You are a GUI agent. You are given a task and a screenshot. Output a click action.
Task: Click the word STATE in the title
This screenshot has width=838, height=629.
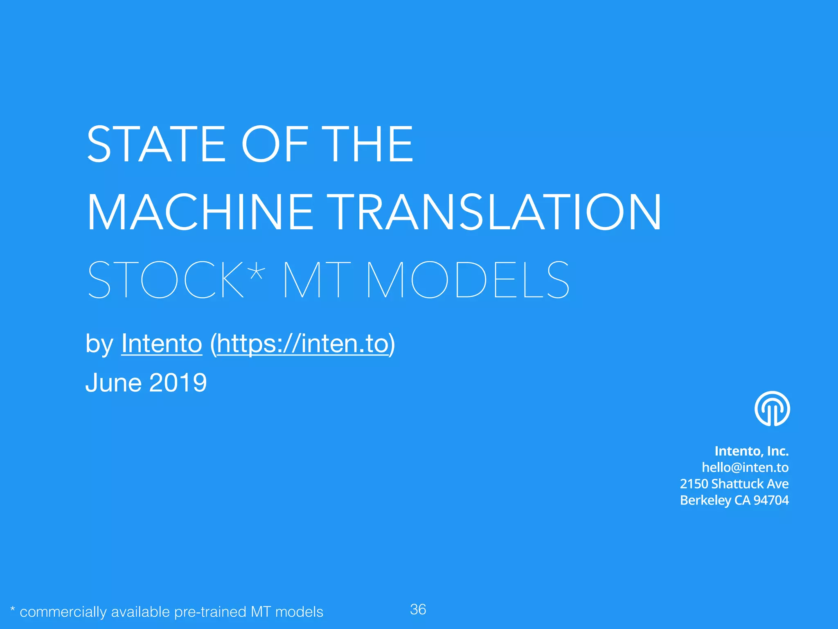click(x=156, y=144)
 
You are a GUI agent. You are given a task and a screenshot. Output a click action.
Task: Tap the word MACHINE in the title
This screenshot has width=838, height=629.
click(x=200, y=213)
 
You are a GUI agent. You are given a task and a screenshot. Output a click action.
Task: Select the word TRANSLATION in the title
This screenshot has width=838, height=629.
click(x=497, y=213)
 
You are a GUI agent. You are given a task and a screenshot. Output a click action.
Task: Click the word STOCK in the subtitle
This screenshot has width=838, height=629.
click(x=166, y=280)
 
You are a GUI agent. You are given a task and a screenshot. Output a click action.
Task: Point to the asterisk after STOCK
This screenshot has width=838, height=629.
click(x=257, y=270)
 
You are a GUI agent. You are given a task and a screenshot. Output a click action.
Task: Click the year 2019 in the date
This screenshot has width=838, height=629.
click(x=178, y=383)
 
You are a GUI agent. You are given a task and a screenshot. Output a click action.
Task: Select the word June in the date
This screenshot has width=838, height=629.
click(x=113, y=383)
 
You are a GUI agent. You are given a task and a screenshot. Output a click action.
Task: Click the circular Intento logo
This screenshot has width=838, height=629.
click(x=772, y=409)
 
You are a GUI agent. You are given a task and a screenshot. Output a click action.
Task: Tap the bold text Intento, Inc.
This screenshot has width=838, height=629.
click(x=751, y=451)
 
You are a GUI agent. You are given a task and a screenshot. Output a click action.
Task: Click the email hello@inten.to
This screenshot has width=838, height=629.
click(x=745, y=467)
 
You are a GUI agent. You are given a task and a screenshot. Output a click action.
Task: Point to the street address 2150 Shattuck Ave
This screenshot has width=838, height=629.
click(x=734, y=484)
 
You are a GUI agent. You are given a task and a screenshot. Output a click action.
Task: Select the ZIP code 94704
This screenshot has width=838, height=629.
click(x=771, y=500)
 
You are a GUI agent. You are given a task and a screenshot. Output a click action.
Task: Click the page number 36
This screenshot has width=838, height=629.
click(x=418, y=609)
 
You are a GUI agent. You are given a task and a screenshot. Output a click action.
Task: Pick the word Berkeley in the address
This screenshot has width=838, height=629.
click(x=705, y=500)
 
